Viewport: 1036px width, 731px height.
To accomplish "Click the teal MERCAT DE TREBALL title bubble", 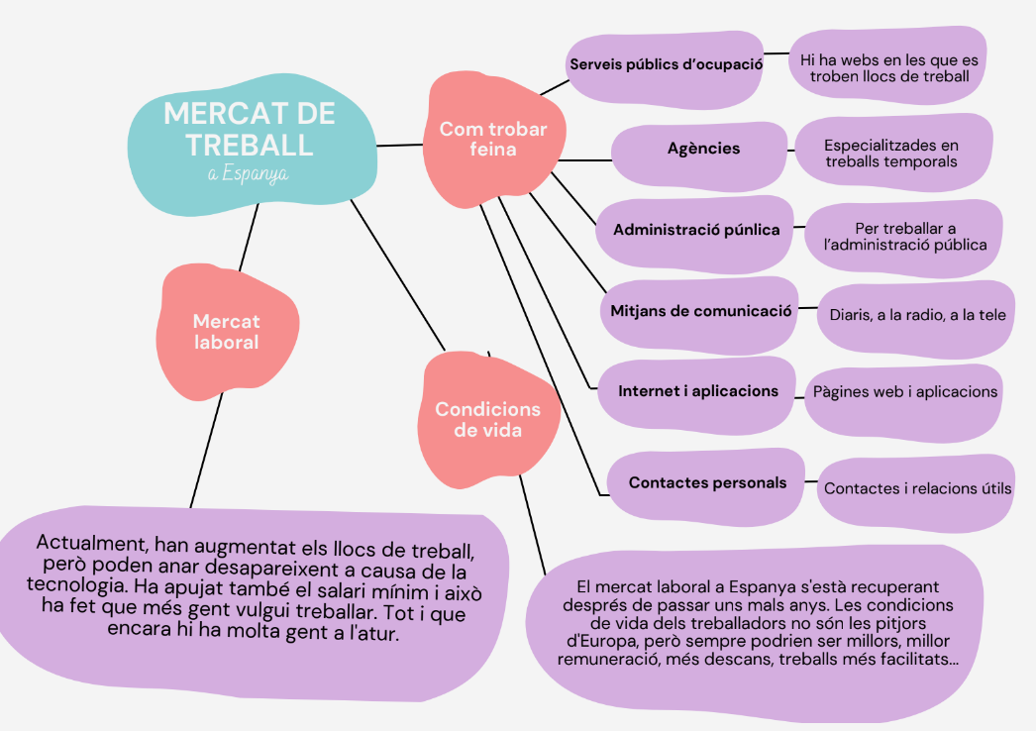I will click(x=251, y=139).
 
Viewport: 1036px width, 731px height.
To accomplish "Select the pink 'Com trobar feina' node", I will click(x=492, y=140).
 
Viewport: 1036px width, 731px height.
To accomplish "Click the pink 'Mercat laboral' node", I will click(x=226, y=332).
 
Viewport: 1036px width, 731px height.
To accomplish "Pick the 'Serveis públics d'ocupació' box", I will click(x=666, y=64).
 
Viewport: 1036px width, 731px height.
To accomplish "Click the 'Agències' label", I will click(x=703, y=149).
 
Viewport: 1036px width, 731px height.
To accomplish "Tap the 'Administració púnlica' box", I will click(x=696, y=230).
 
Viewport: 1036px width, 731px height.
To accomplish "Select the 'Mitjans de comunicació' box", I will click(x=699, y=310).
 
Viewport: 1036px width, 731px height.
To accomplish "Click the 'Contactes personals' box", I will click(x=707, y=483).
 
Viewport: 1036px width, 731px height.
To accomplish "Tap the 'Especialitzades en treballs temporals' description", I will click(x=891, y=153).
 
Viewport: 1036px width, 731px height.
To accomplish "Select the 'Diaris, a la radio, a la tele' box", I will click(x=917, y=315).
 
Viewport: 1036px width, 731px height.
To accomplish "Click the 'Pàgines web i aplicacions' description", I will click(x=905, y=392).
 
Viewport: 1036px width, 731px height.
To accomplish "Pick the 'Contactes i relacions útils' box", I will click(x=917, y=488).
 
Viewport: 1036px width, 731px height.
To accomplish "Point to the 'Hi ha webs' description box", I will click(x=887, y=67).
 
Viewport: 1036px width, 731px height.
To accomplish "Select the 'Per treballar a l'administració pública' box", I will click(x=905, y=237).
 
